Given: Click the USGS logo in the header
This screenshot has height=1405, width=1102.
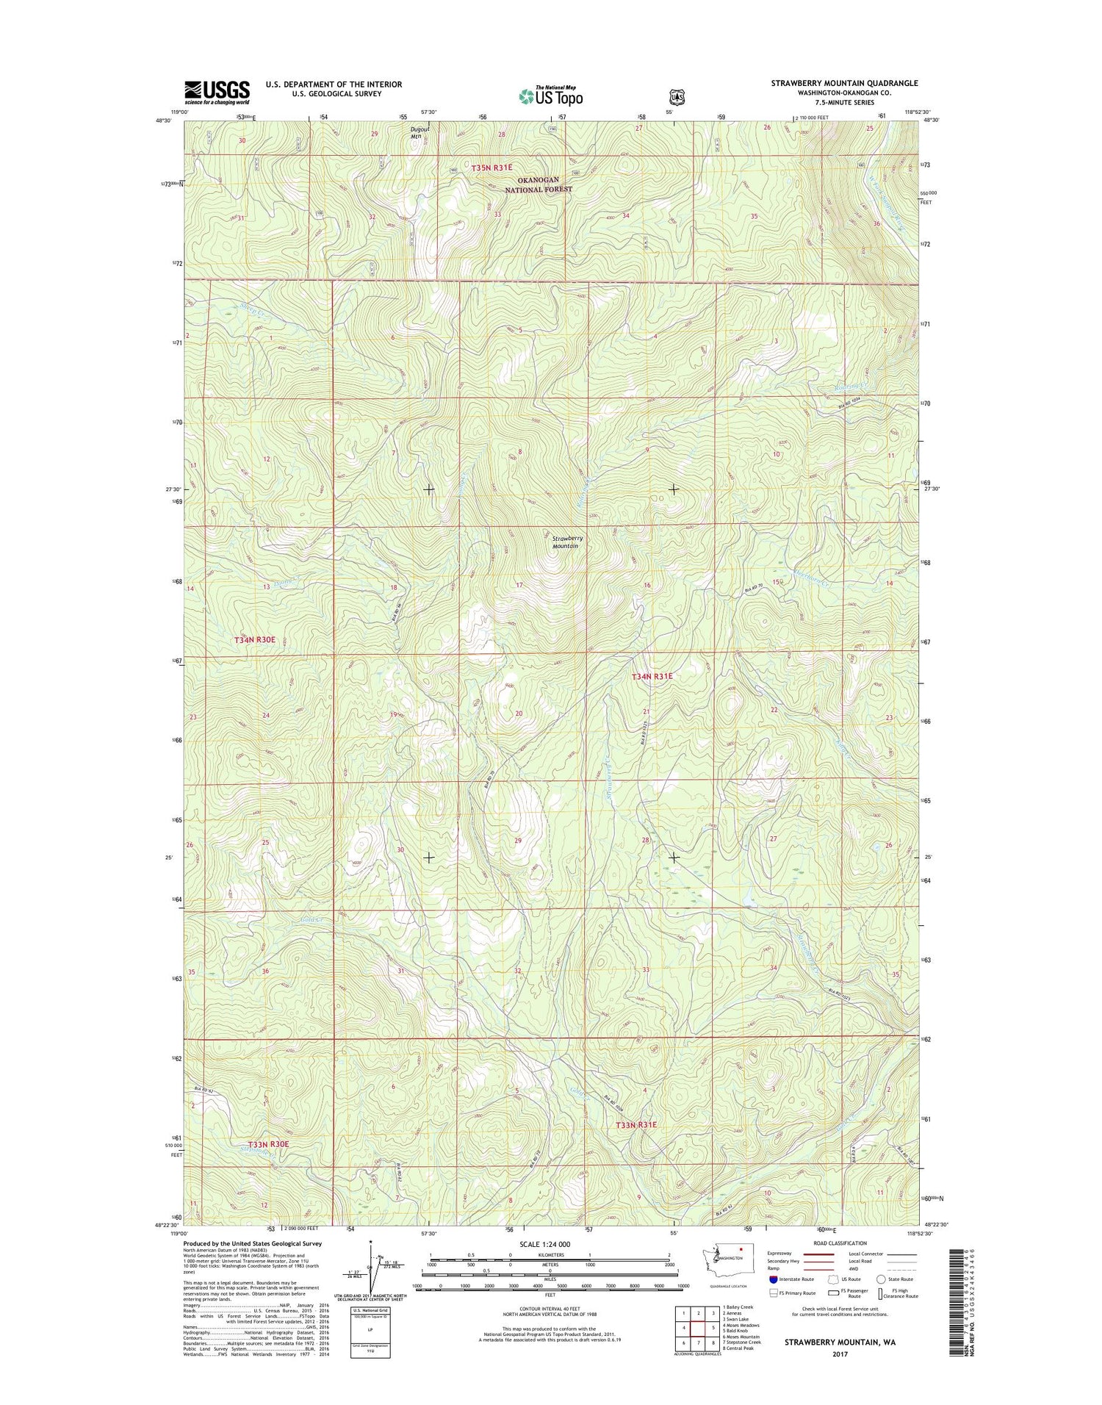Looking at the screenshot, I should (x=217, y=92).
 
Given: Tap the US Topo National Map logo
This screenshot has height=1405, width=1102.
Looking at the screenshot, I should (x=551, y=96).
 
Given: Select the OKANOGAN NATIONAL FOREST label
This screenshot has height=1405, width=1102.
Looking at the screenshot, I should (x=539, y=184).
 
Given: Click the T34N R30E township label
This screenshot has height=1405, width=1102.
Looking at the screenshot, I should (x=254, y=640).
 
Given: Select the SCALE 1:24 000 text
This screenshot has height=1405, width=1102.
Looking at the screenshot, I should (x=544, y=1244).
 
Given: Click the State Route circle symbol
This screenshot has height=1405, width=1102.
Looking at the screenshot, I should (x=881, y=1279).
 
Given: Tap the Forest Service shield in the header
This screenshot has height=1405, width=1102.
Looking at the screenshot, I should (x=677, y=96).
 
